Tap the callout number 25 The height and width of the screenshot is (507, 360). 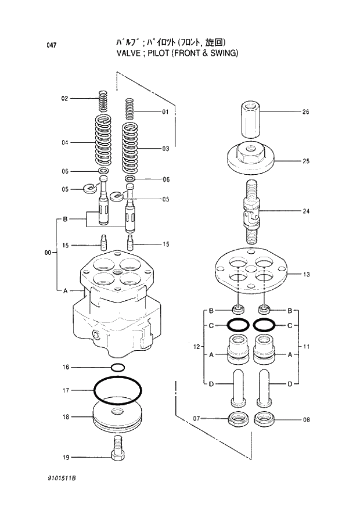click(305, 161)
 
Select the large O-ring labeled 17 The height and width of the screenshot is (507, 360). click(117, 391)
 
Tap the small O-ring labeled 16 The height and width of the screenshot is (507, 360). click(117, 367)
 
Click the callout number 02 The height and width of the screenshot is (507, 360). click(65, 99)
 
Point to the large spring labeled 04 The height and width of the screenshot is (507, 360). click(103, 141)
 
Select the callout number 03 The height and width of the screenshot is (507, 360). click(165, 149)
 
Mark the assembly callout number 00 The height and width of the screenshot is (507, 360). click(48, 253)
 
